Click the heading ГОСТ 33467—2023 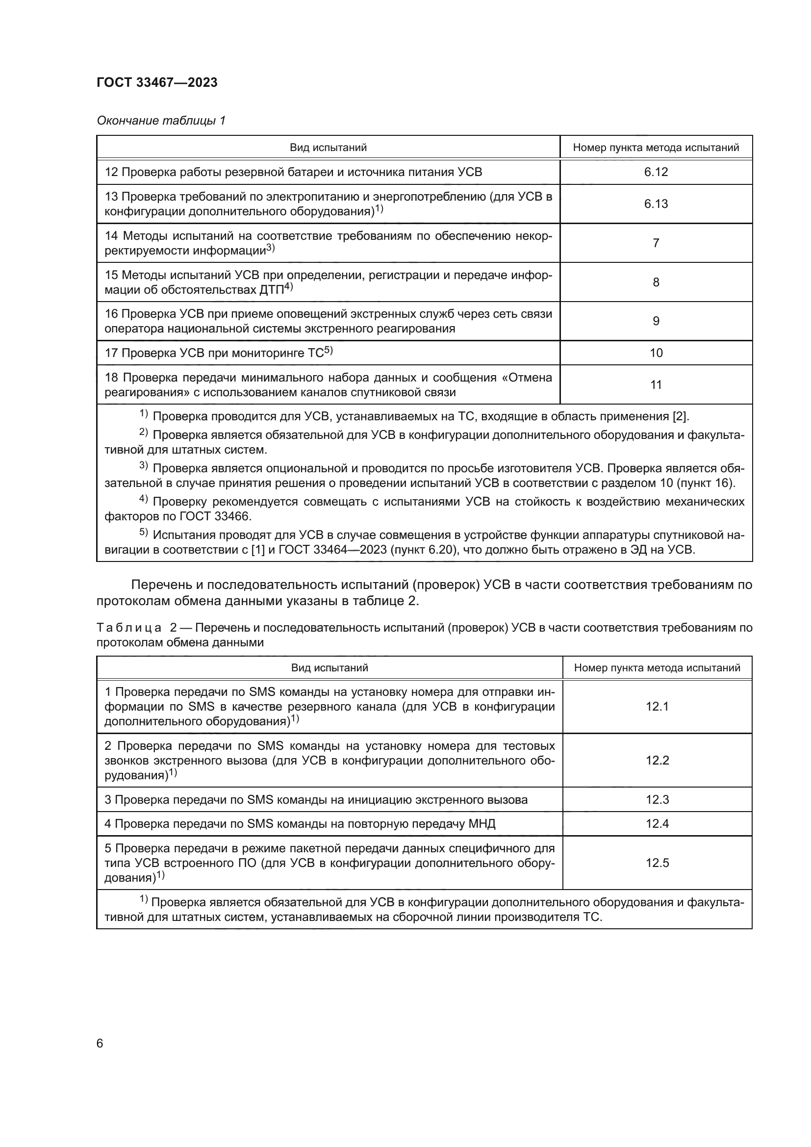pyautogui.click(x=157, y=83)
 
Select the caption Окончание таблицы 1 pyautogui.click(x=161, y=121)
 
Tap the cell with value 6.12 pyautogui.click(x=656, y=172)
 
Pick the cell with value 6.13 pyautogui.click(x=656, y=204)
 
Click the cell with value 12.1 pyautogui.click(x=657, y=706)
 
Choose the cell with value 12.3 pyautogui.click(x=657, y=800)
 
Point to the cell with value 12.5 pyautogui.click(x=657, y=863)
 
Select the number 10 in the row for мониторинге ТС pyautogui.click(x=656, y=353)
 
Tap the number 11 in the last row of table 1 pyautogui.click(x=656, y=384)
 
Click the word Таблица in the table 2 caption pyautogui.click(x=129, y=628)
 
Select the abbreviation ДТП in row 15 pyautogui.click(x=271, y=290)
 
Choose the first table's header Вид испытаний pyautogui.click(x=328, y=148)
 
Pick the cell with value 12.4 pyautogui.click(x=657, y=824)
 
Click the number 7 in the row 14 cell pyautogui.click(x=656, y=243)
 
